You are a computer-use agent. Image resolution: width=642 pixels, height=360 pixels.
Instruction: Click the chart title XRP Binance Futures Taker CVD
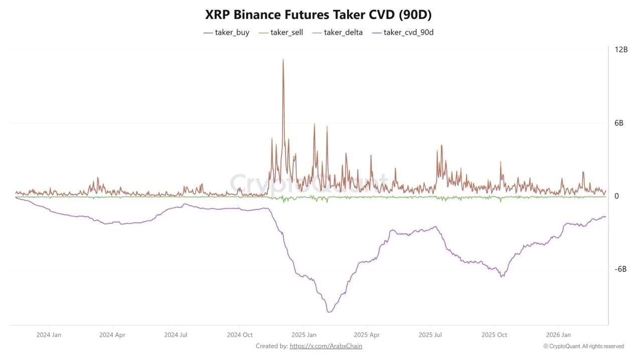(318, 15)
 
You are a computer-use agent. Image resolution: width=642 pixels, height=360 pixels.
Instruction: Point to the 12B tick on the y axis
(621, 50)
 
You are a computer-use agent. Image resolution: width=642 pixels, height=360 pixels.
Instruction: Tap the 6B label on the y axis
(619, 123)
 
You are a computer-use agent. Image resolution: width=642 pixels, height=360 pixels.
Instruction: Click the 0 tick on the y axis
(617, 196)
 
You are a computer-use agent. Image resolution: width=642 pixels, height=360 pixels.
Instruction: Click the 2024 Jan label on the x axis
(49, 335)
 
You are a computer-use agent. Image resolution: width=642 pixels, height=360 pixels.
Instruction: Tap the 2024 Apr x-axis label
(112, 335)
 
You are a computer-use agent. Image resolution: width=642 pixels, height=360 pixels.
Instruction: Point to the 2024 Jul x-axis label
(176, 335)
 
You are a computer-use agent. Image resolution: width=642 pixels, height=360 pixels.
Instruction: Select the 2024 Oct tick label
(240, 335)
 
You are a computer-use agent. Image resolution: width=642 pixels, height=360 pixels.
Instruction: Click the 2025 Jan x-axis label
(304, 335)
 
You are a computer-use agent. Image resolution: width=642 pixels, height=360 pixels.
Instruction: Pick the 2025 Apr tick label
(367, 335)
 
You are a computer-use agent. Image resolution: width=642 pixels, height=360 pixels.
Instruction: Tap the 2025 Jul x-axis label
(430, 335)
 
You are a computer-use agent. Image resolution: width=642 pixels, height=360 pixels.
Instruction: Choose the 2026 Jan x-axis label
(558, 335)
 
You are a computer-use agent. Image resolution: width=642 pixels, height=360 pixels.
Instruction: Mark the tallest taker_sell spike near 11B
(283, 60)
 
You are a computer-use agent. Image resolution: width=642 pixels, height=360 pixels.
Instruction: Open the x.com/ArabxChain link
(326, 346)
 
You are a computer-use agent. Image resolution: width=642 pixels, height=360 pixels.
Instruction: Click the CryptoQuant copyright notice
(583, 346)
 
